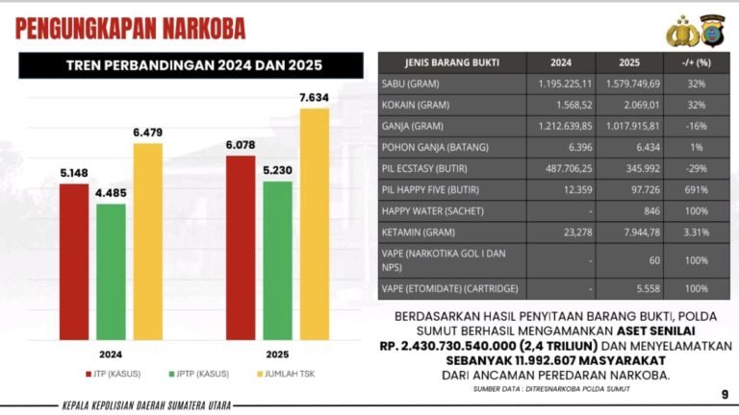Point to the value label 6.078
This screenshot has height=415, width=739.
(x=239, y=146)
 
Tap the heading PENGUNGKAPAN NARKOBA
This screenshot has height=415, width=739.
(x=130, y=28)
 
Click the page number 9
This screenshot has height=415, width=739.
(x=724, y=394)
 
